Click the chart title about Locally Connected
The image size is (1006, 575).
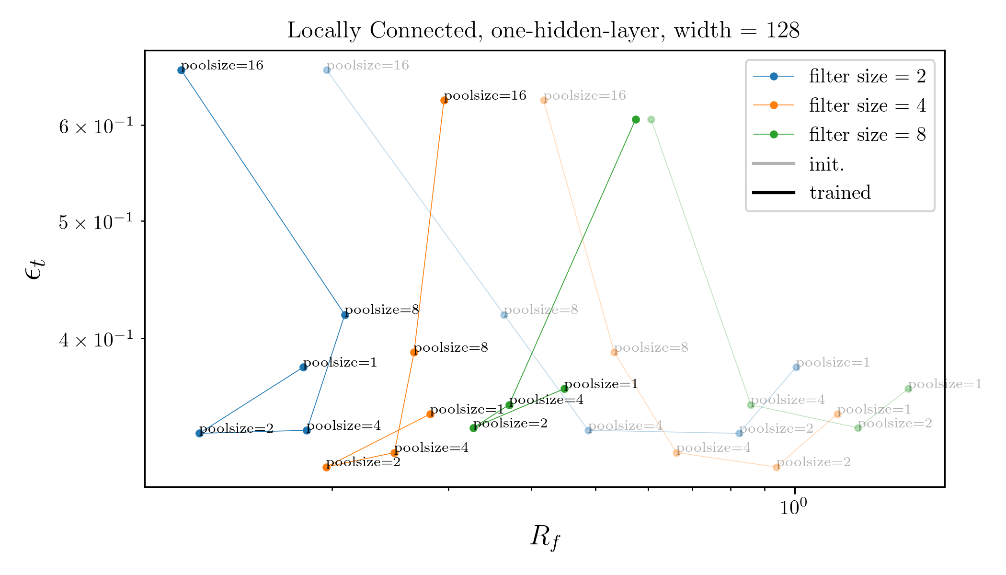pos(543,31)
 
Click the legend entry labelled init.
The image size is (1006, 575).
pos(826,164)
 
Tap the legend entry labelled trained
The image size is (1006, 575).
pos(840,193)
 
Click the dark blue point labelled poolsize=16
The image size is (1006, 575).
pos(182,70)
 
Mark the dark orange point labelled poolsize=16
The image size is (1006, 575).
pos(444,100)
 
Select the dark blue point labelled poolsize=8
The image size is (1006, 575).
pos(345,315)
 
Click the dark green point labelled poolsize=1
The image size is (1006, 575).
pos(564,389)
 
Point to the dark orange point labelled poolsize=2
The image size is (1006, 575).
pos(327,467)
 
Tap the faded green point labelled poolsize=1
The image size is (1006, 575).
pos(908,389)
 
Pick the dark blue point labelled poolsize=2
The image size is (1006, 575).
pos(199,433)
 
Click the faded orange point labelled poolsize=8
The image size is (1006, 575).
pos(614,352)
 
